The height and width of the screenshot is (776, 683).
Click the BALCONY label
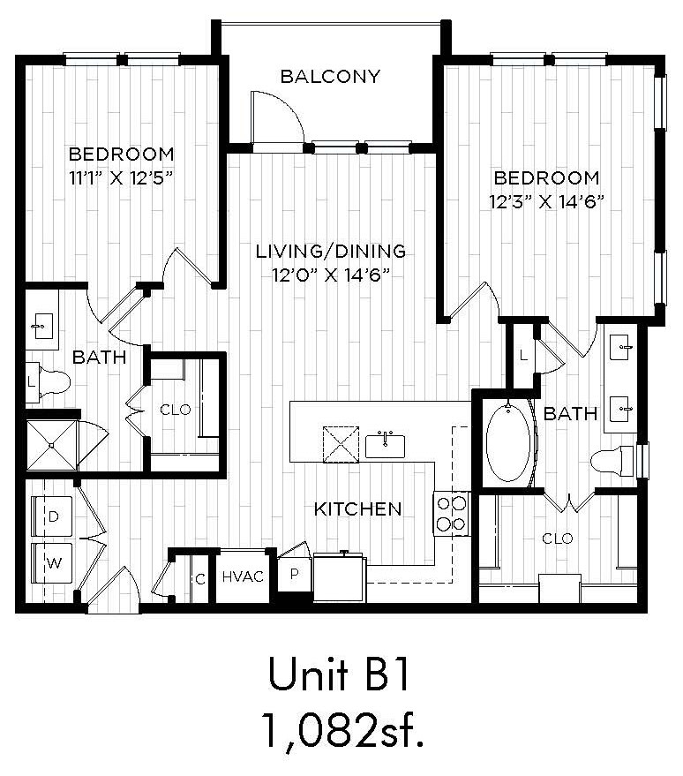point(330,76)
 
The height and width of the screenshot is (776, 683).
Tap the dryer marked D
point(52,516)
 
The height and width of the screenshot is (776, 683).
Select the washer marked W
point(52,563)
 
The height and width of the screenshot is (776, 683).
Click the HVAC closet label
point(243,576)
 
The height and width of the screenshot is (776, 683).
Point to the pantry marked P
point(294,574)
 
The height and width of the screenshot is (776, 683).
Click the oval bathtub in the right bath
point(508,443)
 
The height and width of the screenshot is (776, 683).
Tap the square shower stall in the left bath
point(51,445)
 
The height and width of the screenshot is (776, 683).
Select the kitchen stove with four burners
point(452,514)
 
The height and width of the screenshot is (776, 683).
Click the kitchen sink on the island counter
point(385,445)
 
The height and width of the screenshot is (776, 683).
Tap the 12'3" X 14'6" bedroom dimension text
point(547,202)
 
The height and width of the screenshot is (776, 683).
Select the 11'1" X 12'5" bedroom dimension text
point(121,177)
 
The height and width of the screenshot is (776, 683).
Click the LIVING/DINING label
point(331,251)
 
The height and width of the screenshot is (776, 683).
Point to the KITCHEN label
point(358,509)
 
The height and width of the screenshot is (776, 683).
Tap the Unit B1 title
point(339,674)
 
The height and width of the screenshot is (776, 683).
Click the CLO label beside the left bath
point(176,410)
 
